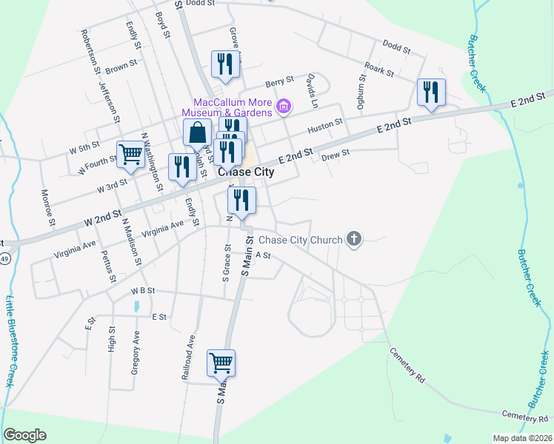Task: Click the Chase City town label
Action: point(246,172)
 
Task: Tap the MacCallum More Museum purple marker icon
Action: point(282,108)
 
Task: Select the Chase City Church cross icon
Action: point(354,239)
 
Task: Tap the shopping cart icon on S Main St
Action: point(221,363)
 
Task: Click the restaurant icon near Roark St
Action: point(431,92)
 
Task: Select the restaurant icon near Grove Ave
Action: point(226,64)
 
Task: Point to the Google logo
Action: point(24,435)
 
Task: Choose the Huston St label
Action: point(325,127)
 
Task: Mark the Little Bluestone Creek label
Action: point(10,340)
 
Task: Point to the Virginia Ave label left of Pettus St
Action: point(74,249)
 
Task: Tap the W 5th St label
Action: point(84,148)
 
